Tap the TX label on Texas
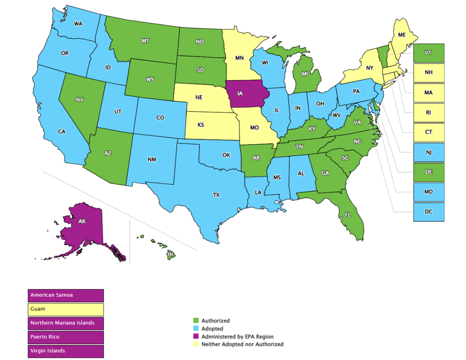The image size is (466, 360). (x=216, y=195)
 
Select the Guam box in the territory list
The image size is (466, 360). (x=66, y=309)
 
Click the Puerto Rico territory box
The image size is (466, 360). (x=66, y=337)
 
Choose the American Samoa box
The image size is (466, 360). (x=66, y=295)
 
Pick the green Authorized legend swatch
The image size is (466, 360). (x=196, y=321)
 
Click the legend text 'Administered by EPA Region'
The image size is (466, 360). (x=238, y=337)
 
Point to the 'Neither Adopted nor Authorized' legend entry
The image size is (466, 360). (x=243, y=345)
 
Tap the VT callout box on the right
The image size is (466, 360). (x=429, y=53)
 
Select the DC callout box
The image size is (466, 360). (x=429, y=212)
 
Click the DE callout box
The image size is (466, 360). (x=429, y=172)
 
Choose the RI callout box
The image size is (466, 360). (x=429, y=112)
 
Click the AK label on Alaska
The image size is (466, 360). (x=82, y=221)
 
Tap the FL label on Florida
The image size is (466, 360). (x=348, y=214)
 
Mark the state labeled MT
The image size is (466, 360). (x=146, y=41)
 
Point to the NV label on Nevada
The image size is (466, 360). (x=79, y=99)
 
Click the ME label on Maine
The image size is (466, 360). (x=402, y=35)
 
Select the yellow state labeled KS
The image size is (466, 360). (x=201, y=125)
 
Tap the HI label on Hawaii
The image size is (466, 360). (x=171, y=255)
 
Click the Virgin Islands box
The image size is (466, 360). (x=66, y=351)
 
